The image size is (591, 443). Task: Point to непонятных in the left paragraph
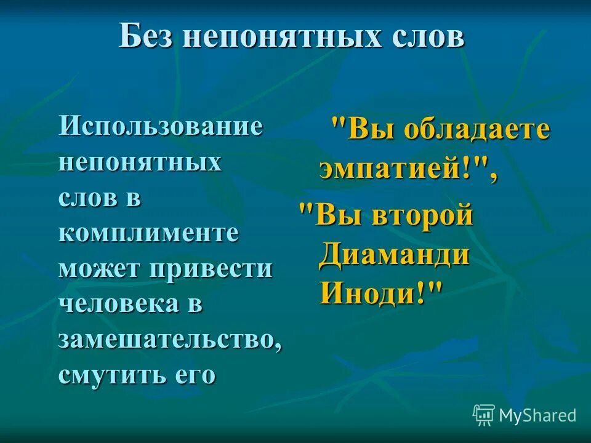(x=140, y=164)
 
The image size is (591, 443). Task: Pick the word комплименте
(x=149, y=234)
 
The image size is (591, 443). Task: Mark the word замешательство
(x=170, y=340)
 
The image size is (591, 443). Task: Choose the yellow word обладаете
(x=476, y=131)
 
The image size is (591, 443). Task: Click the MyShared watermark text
(x=537, y=415)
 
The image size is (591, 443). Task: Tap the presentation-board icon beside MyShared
(x=484, y=415)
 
